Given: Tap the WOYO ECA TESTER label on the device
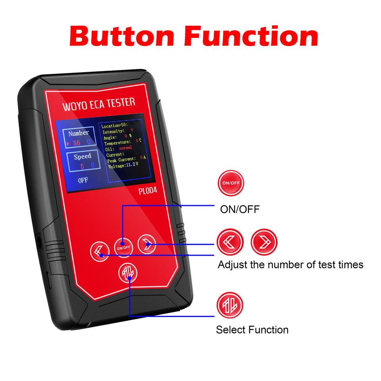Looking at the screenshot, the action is (99, 104).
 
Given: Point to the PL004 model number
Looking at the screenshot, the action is (148, 190).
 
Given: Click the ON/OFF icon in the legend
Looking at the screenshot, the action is (231, 183).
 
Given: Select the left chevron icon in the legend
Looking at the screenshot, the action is (230, 242).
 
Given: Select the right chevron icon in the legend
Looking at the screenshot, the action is (264, 242).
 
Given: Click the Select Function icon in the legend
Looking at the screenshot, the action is (229, 305).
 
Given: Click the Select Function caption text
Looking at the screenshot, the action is (252, 329).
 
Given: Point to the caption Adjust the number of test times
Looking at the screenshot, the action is (290, 264).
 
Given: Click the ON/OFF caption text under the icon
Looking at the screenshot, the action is (240, 209).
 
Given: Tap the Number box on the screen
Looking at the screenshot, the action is (79, 137).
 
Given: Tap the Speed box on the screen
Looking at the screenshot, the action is (82, 160).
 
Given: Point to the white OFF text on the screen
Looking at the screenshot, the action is (83, 180).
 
